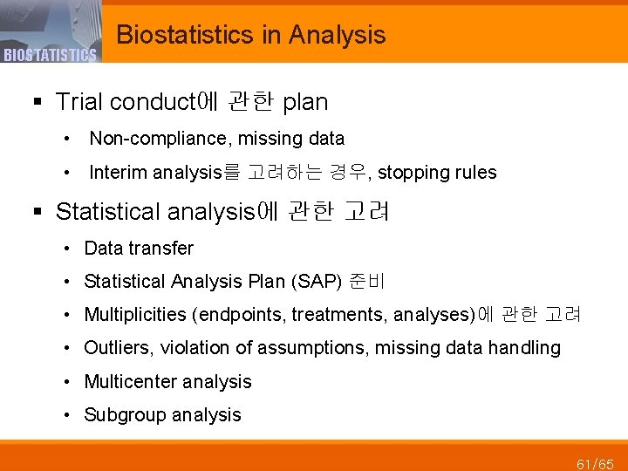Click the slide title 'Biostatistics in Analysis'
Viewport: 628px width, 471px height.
[250, 35]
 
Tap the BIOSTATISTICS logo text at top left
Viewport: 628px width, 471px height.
[49, 56]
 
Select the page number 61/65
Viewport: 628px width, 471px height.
[595, 462]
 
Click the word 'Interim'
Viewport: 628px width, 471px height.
[118, 173]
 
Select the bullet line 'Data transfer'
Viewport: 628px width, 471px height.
[139, 249]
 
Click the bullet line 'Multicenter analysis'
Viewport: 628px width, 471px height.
[167, 382]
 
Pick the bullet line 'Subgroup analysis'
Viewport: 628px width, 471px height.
[162, 415]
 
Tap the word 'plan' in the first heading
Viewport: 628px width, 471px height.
[305, 102]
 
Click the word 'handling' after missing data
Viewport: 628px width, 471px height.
[524, 348]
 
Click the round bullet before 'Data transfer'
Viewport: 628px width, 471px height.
[67, 249]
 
